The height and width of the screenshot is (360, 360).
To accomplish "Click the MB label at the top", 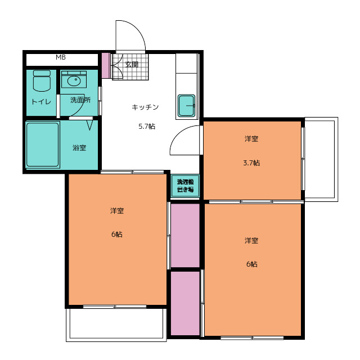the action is coord(61,57).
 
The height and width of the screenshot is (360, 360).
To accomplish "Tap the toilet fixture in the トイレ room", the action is coord(42,81).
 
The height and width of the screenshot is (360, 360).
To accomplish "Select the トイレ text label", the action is coord(41,101).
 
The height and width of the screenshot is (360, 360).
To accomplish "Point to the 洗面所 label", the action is coord(80,100).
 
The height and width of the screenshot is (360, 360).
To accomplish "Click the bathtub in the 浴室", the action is coord(43,145).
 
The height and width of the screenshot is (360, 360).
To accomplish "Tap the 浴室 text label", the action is coord(79,147).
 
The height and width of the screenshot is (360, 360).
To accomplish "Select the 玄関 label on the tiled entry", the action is coord(132,65).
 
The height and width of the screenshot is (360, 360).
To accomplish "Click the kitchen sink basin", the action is coord(186,106).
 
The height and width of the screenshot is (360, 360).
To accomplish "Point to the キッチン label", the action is coord(145,107).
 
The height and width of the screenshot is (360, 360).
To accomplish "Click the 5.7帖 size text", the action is coord(147,126).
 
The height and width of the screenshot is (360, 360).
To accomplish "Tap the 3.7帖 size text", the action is coord(251,163).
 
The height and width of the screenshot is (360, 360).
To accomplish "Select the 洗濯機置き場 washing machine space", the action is coord(185,186).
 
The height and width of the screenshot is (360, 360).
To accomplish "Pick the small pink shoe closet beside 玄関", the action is coord(106,65).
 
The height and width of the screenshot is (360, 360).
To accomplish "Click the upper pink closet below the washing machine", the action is coord(185,235).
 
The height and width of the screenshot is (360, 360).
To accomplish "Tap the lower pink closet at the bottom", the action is coord(185,303).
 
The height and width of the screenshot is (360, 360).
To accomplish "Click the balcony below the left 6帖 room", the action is coord(116,325).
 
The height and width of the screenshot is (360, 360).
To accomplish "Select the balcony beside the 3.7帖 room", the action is coord(321,159).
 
